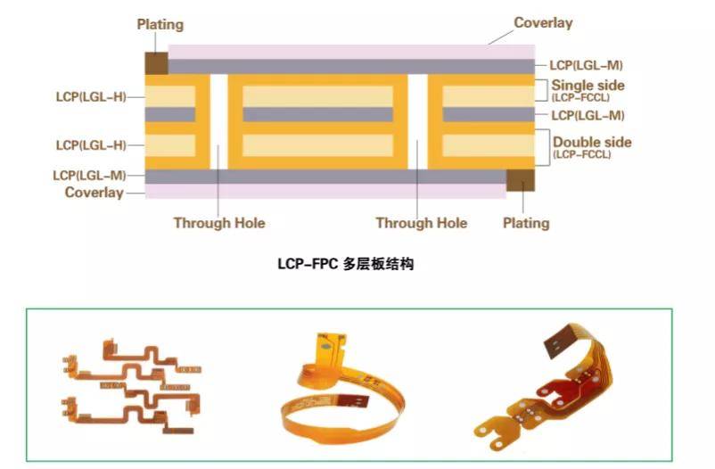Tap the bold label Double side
point(592,142)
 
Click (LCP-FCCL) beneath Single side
point(581,96)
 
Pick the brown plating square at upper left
point(156,62)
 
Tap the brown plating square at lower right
point(520,177)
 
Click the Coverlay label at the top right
point(543,22)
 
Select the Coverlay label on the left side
point(94,193)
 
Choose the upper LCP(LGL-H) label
point(90,96)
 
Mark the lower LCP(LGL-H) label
point(90,144)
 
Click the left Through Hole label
point(218,222)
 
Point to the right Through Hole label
point(421,222)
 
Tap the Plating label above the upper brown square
point(160,24)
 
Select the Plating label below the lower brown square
point(526,222)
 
